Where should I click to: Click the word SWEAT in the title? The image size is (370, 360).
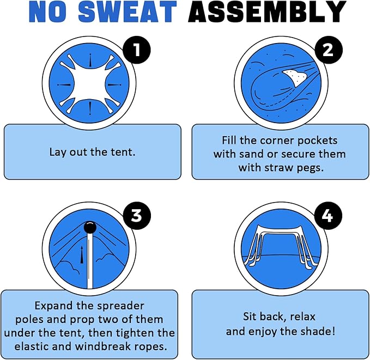point(127,11)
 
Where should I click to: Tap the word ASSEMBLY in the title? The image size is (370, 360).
point(267,11)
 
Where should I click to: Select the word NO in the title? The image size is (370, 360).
point(47,11)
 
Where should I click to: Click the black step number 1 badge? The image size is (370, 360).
point(137,50)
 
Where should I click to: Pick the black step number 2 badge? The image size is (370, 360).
point(328,50)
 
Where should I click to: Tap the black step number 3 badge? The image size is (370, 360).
point(137,215)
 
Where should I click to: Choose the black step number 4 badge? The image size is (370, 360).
point(328,215)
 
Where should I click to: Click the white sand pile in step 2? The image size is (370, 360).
point(295,76)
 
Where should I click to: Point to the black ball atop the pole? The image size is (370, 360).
point(90,228)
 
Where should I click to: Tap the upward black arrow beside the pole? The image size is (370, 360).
point(82,255)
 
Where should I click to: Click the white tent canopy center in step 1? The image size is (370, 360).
point(89,84)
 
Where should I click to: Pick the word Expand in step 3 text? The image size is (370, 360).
point(53,306)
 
